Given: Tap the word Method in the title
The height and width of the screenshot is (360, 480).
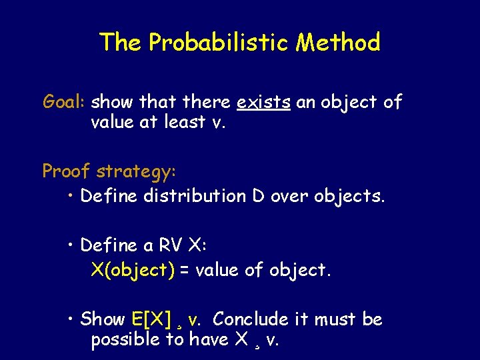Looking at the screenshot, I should pos(339,43).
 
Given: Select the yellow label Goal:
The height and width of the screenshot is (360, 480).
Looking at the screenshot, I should pos(64,102).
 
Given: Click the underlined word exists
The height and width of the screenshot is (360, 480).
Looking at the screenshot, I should pos(264,102).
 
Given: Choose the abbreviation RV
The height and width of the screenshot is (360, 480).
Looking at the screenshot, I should pos(172,245).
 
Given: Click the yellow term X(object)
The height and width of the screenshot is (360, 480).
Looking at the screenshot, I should pos(133,271).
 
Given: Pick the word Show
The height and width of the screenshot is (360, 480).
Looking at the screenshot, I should pos(103,319).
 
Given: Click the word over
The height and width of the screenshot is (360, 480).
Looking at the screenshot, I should pos(289,196).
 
